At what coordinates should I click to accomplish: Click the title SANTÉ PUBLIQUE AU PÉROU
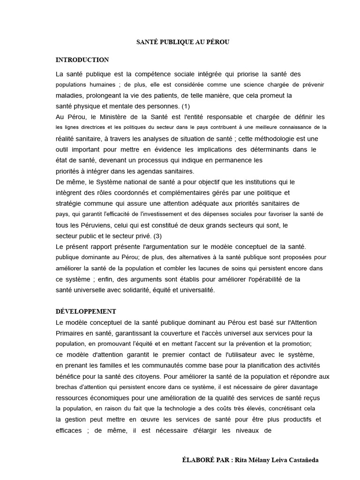coord(183,42)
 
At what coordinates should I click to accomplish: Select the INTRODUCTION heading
coord(82,60)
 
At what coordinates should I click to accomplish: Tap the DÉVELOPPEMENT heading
coord(86,312)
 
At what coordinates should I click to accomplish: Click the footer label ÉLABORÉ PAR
coord(204,460)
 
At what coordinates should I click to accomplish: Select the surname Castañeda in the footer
coord(301,460)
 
